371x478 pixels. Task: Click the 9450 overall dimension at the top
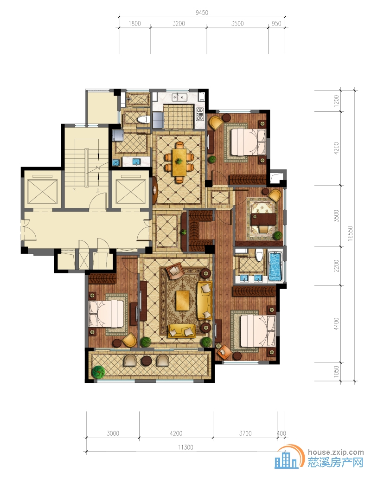coord(202,13)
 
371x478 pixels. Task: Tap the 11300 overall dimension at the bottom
coord(185,447)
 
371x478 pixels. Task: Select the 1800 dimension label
coord(134,24)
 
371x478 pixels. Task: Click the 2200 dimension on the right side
coord(336,266)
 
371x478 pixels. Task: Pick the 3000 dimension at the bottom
coord(113,433)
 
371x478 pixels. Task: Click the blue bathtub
coord(275,266)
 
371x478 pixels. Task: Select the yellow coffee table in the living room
coord(182,300)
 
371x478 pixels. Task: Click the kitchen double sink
coord(179,97)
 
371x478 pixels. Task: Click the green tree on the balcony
coord(98,372)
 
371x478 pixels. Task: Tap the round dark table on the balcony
coord(147,360)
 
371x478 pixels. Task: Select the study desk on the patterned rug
coord(263,219)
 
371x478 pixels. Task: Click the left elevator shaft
coord(42,192)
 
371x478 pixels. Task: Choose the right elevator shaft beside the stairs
coord(131,192)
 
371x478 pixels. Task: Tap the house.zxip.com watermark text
coord(336,452)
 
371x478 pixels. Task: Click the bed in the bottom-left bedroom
coord(106,314)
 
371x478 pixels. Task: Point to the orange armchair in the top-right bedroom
coord(217,123)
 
